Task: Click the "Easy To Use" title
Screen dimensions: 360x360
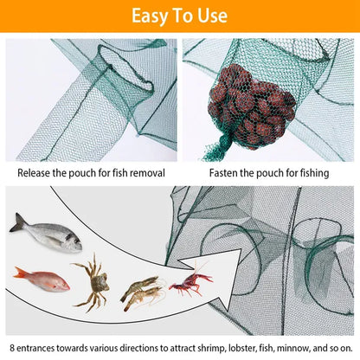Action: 179,16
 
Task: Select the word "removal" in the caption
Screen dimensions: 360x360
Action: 145,173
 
